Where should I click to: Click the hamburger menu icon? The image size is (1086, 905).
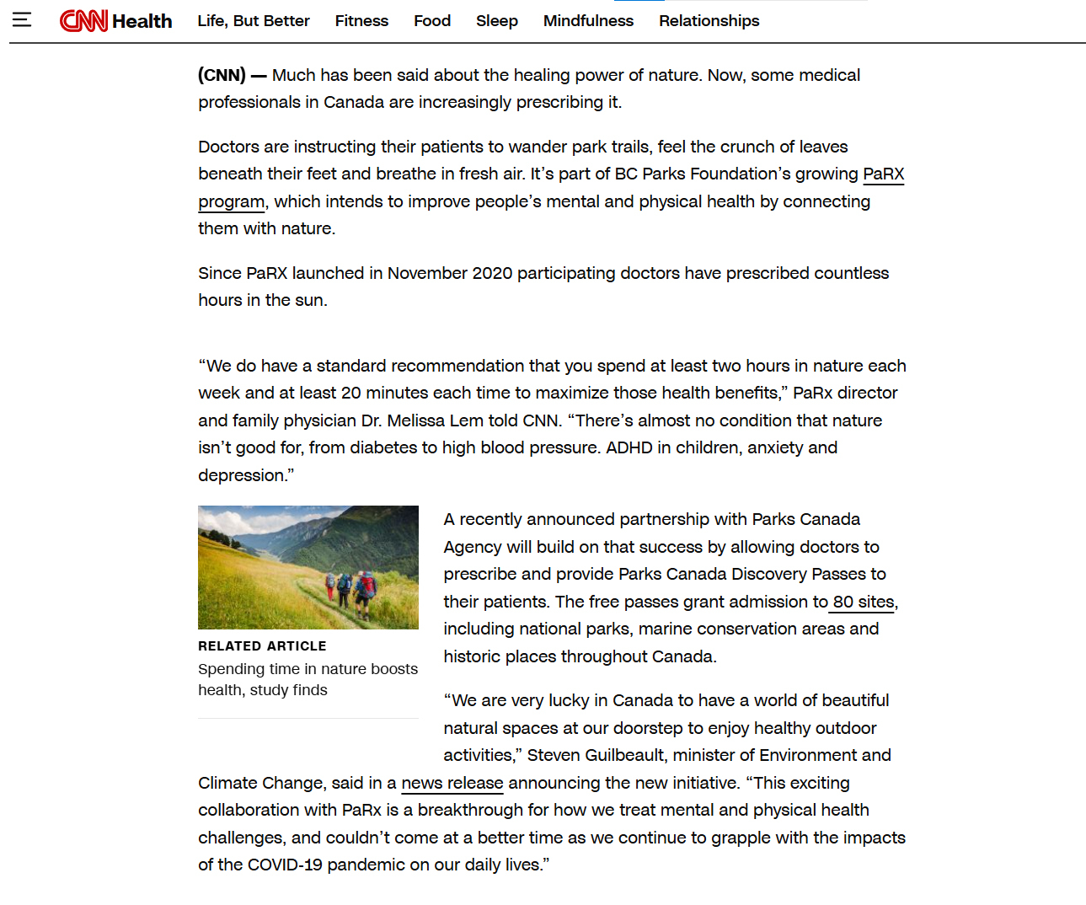pyautogui.click(x=22, y=19)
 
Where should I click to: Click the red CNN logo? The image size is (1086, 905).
pyautogui.click(x=83, y=20)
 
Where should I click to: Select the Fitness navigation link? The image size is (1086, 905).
pyautogui.click(x=361, y=20)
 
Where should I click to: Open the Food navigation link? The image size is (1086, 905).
pyautogui.click(x=432, y=20)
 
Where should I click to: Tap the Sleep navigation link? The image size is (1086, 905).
pyautogui.click(x=497, y=20)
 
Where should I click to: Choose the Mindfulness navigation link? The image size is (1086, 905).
pyautogui.click(x=588, y=20)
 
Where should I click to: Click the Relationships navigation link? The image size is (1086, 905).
pyautogui.click(x=709, y=20)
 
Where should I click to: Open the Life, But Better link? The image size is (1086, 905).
pyautogui.click(x=254, y=20)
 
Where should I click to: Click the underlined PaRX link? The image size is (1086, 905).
pyautogui.click(x=883, y=174)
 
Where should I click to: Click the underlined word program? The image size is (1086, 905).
pyautogui.click(x=232, y=202)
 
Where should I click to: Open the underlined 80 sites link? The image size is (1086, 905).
pyautogui.click(x=863, y=602)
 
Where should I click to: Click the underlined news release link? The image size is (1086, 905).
pyautogui.click(x=452, y=783)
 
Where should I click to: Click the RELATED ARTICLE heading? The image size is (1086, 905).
pyautogui.click(x=262, y=646)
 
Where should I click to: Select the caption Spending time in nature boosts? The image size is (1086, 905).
pyautogui.click(x=308, y=669)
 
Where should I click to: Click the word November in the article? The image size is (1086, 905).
pyautogui.click(x=427, y=273)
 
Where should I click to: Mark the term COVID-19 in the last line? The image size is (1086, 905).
pyautogui.click(x=285, y=865)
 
